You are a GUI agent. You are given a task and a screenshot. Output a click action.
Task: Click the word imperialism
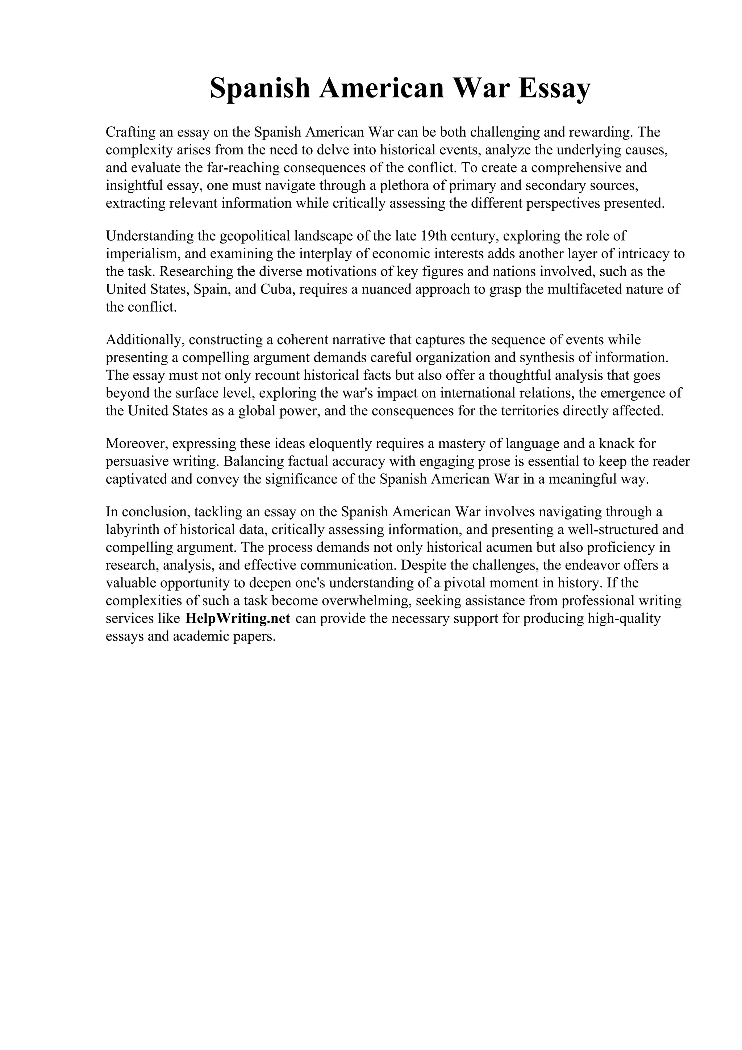pos(142,254)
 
